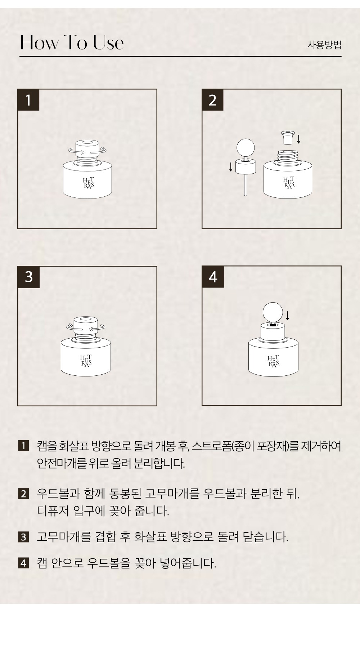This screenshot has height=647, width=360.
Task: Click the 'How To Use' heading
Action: pyautogui.click(x=72, y=43)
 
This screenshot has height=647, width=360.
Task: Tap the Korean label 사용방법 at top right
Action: pyautogui.click(x=324, y=45)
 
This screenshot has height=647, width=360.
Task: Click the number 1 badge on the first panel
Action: pyautogui.click(x=28, y=100)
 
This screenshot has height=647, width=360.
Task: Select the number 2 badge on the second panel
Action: pyautogui.click(x=213, y=100)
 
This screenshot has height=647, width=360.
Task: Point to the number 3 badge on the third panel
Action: pyautogui.click(x=29, y=277)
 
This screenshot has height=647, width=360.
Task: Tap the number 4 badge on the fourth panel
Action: pyautogui.click(x=213, y=277)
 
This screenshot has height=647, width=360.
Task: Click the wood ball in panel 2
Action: pyautogui.click(x=246, y=148)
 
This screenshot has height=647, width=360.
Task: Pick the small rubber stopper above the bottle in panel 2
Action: pyautogui.click(x=287, y=137)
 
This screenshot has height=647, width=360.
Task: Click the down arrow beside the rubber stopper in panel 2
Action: pyautogui.click(x=299, y=139)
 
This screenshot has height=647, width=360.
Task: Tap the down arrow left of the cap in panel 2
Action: pyautogui.click(x=231, y=167)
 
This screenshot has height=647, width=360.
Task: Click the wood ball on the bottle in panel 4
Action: pyautogui.click(x=273, y=312)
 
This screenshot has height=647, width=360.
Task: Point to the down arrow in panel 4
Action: pyautogui.click(x=287, y=315)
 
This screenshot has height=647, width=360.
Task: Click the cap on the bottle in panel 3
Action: pyautogui.click(x=86, y=326)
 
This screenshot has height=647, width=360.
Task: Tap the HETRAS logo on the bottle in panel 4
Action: pyautogui.click(x=273, y=361)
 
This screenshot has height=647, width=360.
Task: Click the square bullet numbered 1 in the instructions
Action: pyautogui.click(x=23, y=446)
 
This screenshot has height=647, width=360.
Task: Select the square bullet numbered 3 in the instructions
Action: pyautogui.click(x=23, y=537)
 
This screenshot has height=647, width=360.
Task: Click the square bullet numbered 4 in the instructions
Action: pyautogui.click(x=23, y=563)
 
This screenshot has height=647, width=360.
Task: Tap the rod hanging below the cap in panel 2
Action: pyautogui.click(x=246, y=185)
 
